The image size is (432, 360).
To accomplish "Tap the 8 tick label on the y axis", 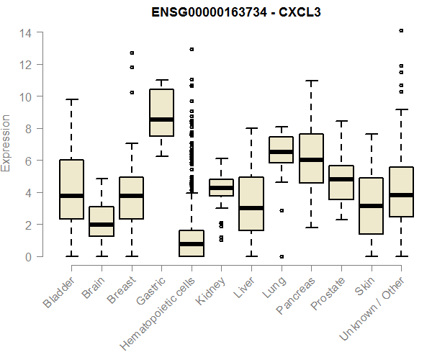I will (26, 129).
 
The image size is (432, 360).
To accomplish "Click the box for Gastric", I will (161, 112).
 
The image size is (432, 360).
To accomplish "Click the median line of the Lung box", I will (281, 152).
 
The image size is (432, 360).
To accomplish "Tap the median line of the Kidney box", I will (221, 188).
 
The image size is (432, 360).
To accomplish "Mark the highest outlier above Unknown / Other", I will (401, 31).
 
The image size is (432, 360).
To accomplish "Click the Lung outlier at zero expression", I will (281, 256).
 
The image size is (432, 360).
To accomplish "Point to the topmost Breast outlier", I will (132, 53).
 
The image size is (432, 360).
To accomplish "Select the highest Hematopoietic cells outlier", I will (192, 50).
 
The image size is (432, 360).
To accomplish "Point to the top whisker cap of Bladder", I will (71, 99).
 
